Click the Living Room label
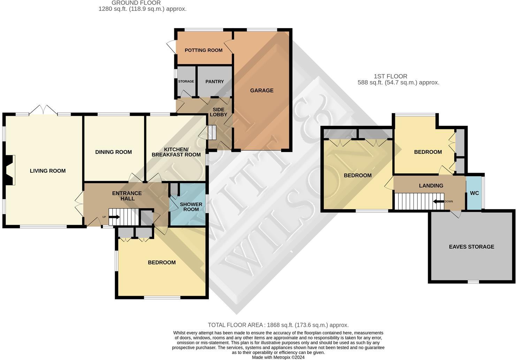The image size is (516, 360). pos(48,171)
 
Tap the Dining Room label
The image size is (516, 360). pos(113,152)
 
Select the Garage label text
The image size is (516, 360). pos(261,90)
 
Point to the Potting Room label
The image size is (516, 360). pos(204,50)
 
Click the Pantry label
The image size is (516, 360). pos(214,82)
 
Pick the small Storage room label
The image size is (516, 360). pos(186,82)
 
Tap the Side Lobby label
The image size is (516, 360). pos(219,112)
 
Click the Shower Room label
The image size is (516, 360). pos(191,207)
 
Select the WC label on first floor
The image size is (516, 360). pos(474,193)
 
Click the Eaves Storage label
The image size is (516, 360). pos(471,247)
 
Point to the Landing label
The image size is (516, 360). pos(431,186)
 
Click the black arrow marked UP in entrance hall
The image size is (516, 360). pos(114,217)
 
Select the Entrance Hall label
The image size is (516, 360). pos(127,196)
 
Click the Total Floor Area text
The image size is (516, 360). pos(278,325)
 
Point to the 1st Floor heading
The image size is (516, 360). pos(390,76)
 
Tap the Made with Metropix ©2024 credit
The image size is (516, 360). pos(278,357)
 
